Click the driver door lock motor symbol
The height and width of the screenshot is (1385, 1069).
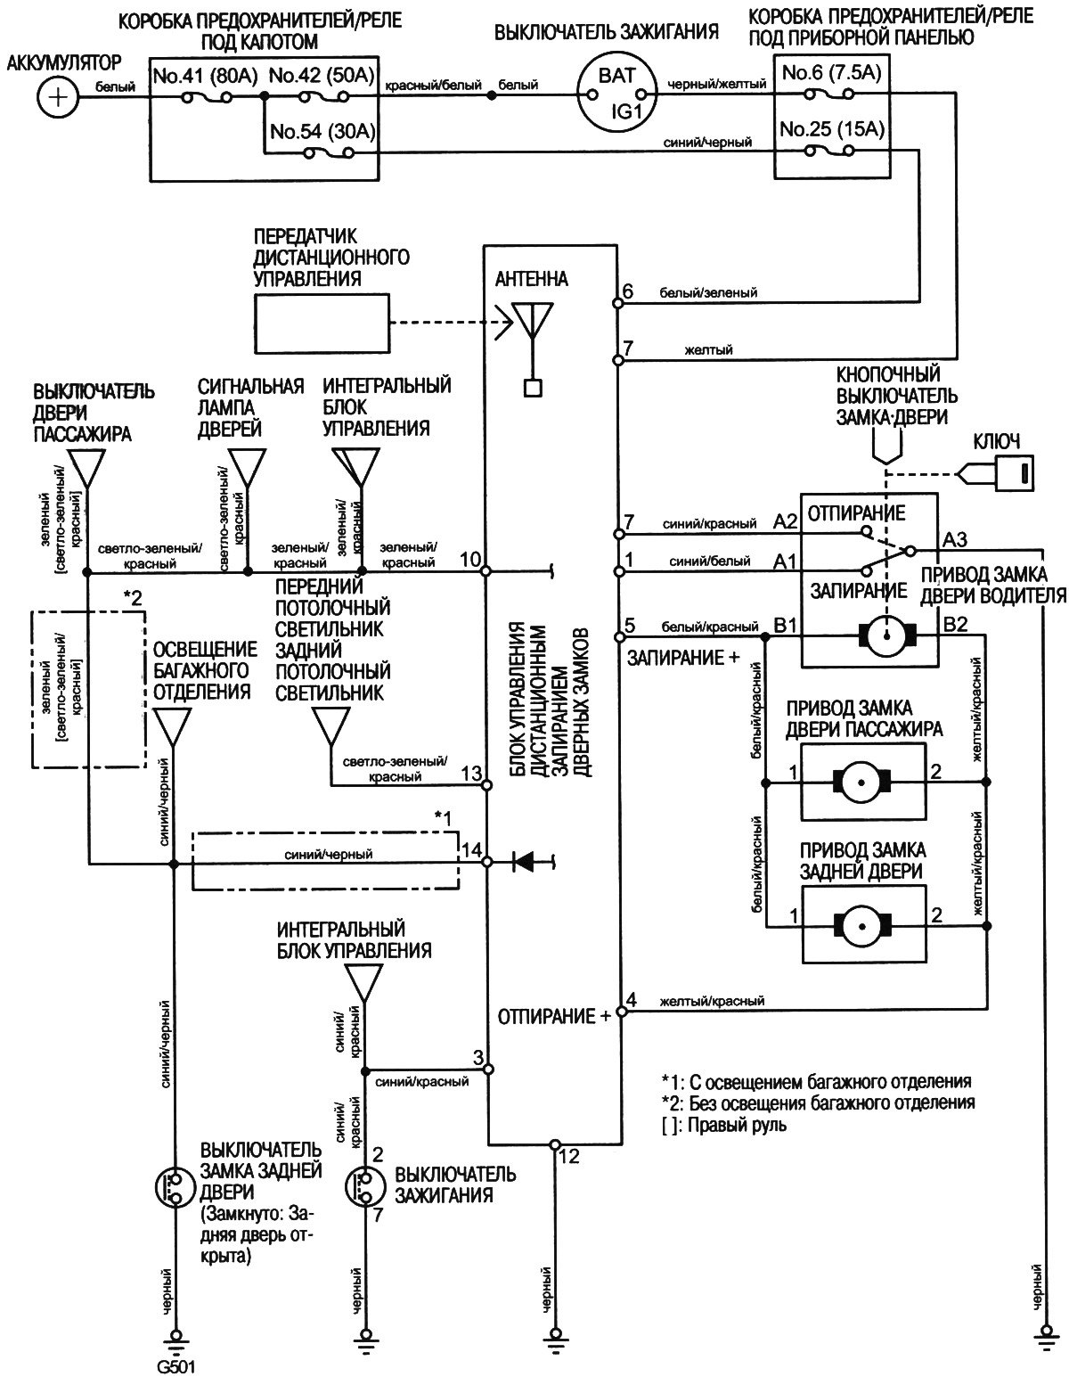[x=887, y=635]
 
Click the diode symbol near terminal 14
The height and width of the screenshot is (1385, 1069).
[x=523, y=862]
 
